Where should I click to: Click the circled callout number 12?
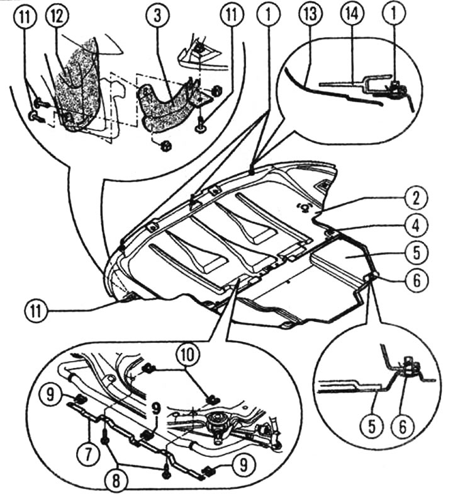click(58, 15)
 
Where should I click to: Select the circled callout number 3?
click(157, 15)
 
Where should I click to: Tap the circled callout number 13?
click(310, 14)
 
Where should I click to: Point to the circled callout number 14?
click(352, 14)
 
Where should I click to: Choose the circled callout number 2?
click(417, 199)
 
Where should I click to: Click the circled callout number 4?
click(417, 226)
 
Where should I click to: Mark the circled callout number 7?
click(88, 454)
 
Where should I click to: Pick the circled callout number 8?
click(116, 481)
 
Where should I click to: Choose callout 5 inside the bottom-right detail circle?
click(372, 427)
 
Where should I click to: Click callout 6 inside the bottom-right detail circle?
click(403, 427)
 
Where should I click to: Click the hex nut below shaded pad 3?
click(165, 146)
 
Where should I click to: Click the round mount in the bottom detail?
click(218, 422)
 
